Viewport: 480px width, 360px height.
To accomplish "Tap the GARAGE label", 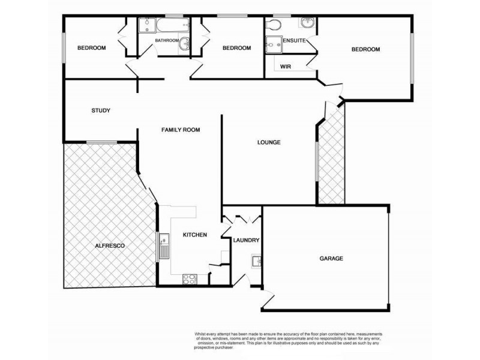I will tap(331, 259).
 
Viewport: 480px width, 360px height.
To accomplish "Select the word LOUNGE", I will tap(269, 142).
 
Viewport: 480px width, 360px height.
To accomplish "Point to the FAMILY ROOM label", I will tap(180, 130).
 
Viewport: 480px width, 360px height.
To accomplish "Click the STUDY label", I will tap(101, 110).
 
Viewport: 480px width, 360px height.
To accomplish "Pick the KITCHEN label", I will tap(195, 235).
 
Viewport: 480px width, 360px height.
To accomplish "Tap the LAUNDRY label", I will tap(246, 241).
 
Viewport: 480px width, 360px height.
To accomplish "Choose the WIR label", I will tap(286, 67).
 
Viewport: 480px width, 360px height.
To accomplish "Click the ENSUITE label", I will tap(295, 41).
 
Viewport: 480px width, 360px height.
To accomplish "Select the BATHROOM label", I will tap(166, 41).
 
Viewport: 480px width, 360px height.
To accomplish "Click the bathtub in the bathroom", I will tap(164, 25).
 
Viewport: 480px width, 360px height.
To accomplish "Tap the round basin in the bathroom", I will tap(185, 43).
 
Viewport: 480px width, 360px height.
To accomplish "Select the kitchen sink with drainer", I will tap(164, 247).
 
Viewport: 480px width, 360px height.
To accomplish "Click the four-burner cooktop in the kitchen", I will tap(190, 278).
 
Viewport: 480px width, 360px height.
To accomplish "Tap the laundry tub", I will tap(256, 261).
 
